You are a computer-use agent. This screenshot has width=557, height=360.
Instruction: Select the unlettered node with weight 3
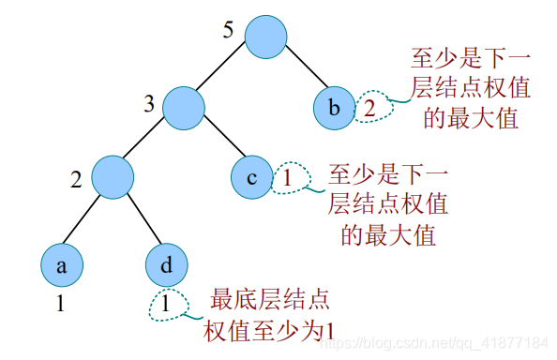[184, 107]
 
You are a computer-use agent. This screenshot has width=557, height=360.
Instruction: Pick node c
[252, 176]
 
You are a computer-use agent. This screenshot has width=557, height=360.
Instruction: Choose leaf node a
[62, 265]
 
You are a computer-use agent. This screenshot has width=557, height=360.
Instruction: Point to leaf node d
[167, 265]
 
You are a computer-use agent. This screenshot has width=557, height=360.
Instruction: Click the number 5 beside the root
[226, 30]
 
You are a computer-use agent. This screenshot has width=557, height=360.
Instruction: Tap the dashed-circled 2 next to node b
[369, 107]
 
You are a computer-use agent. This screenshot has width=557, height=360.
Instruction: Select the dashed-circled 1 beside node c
[288, 176]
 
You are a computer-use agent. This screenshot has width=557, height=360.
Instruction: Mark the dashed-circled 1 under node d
[165, 304]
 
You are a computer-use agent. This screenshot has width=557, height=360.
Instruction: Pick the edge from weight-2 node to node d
[141, 221]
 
